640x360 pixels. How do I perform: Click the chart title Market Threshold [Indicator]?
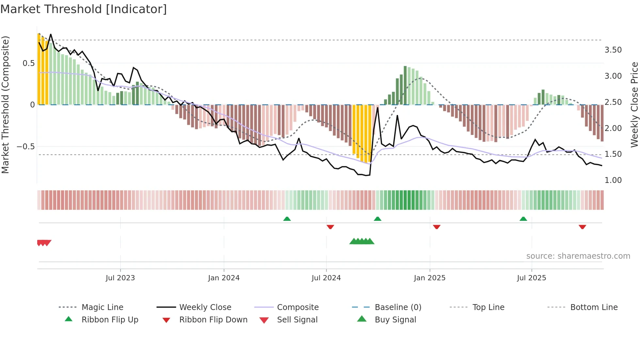pos(84,9)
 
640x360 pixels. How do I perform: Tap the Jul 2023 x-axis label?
pos(120,278)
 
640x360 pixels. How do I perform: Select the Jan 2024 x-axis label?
pos(224,278)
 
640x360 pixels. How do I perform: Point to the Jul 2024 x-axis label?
pos(326,278)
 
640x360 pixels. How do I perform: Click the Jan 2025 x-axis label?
pos(429,278)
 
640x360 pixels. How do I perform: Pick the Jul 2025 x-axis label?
pos(531,278)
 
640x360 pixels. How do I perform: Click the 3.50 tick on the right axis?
pos(613,50)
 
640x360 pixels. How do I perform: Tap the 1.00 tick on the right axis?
pos(613,180)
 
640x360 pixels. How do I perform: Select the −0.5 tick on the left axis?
pos(25,147)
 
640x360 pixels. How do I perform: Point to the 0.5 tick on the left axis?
pos(28,63)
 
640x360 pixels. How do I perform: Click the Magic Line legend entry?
pos(102,307)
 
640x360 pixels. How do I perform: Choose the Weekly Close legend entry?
pos(205,307)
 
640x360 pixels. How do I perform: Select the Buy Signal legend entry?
pos(395,320)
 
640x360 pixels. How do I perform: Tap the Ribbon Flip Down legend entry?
pos(213,320)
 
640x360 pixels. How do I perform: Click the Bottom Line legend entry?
pos(594,307)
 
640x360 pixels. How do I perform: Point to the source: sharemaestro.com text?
pos(578,256)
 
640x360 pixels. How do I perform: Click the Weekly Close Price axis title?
pos(634,105)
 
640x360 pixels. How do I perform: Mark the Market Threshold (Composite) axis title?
pos(5,105)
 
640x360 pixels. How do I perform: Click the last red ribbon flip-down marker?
pos(582,227)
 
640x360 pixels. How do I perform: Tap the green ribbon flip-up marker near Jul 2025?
pos(523,219)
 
